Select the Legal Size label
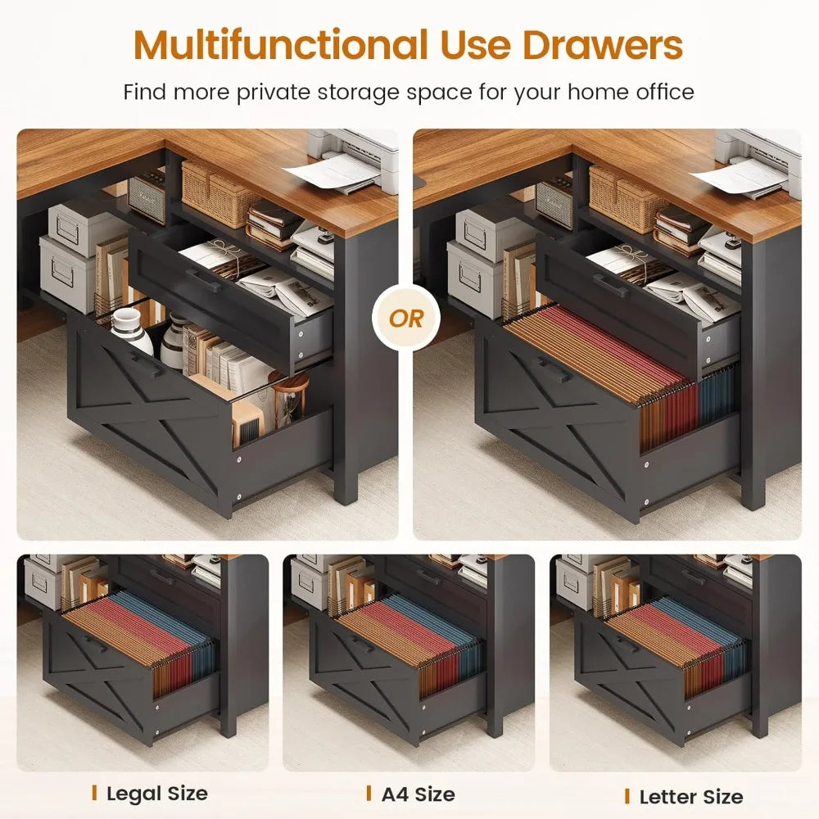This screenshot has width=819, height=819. point(156,793)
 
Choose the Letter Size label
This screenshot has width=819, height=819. point(690,796)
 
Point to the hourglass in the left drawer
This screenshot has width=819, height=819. point(290,401)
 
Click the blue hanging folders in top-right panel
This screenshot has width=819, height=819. point(717,397)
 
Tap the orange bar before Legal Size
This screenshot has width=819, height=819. point(95,792)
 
